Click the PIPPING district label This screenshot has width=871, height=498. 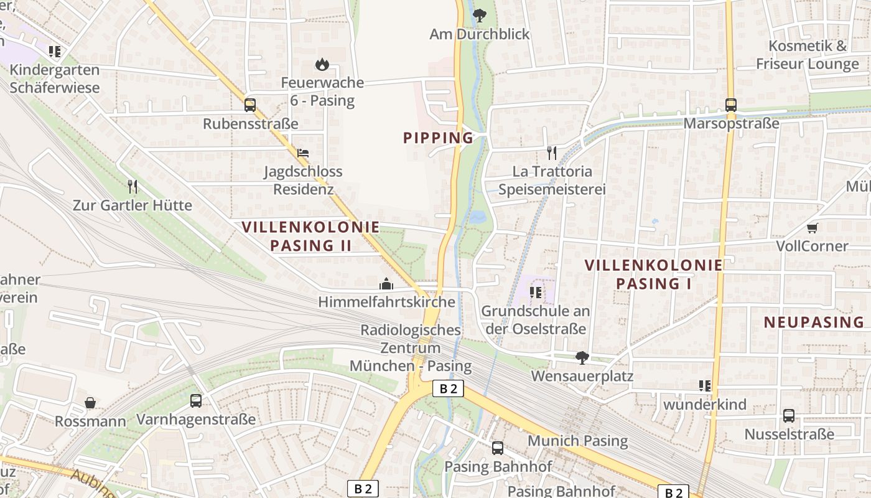(438, 138)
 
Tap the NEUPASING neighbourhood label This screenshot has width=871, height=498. (814, 322)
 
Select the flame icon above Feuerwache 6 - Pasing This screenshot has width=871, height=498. (322, 64)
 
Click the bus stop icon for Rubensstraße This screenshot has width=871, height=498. (250, 105)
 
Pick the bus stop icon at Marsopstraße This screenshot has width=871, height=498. (731, 105)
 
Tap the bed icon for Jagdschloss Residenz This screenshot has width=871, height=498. (303, 153)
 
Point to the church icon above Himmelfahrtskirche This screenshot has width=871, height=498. (386, 284)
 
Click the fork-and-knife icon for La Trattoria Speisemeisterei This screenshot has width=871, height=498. (552, 153)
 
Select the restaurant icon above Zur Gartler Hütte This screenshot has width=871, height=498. (133, 186)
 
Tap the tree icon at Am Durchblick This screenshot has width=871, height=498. (479, 16)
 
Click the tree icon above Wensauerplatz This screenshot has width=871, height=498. (582, 358)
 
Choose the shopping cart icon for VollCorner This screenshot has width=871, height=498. (812, 228)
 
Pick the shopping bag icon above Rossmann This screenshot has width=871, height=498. (90, 403)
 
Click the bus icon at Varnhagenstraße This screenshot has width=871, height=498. (196, 400)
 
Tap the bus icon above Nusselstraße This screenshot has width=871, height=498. (789, 415)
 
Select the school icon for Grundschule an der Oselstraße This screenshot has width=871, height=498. (534, 292)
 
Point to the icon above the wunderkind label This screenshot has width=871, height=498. (705, 386)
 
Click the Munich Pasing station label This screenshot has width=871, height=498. (577, 441)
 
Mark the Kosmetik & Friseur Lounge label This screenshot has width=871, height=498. (807, 55)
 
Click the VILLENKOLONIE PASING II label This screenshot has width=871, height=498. (310, 236)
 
